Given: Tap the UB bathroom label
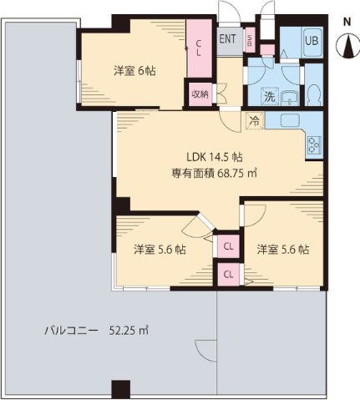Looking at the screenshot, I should pyautogui.click(x=310, y=39).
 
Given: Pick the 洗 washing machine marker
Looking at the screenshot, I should pyautogui.click(x=271, y=96).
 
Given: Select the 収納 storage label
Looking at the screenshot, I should pyautogui.click(x=199, y=94).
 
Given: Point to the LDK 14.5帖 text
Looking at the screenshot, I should pyautogui.click(x=214, y=157).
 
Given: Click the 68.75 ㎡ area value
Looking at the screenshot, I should pyautogui.click(x=237, y=175).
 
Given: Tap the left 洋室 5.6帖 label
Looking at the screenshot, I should pyautogui.click(x=160, y=249).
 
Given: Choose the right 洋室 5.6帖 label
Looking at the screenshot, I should pyautogui.click(x=282, y=249).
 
